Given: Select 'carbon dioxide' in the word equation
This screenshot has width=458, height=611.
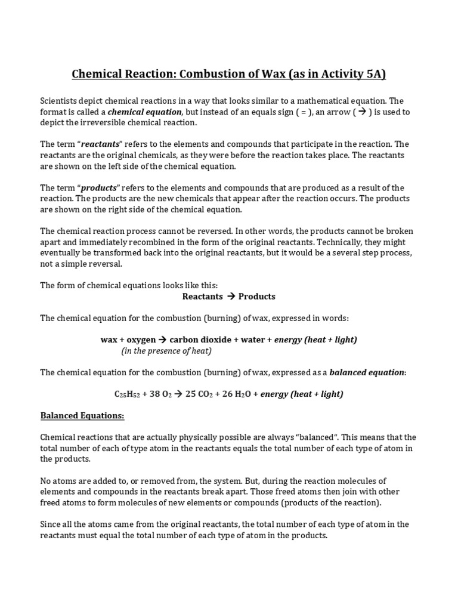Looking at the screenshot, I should point(201,340).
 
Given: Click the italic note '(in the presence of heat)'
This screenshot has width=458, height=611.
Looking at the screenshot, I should point(166,351).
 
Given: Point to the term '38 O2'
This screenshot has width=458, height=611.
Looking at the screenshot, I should point(158,394).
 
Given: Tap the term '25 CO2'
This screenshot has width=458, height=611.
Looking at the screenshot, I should point(205,394).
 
